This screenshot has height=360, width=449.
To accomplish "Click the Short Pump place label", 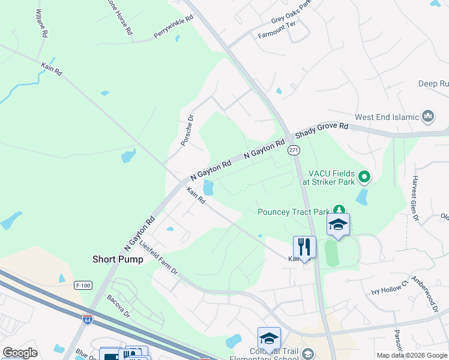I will [x=118, y=259].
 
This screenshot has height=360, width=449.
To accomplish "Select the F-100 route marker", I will [x=83, y=286].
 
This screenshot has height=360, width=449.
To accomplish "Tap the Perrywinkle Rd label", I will [x=173, y=27].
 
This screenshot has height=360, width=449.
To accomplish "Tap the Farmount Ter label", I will [x=277, y=35].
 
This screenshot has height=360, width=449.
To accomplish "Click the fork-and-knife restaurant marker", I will [x=304, y=246].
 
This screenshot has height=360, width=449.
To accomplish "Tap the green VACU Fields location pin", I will [x=364, y=177].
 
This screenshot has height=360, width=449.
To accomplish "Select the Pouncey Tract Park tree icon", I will [x=339, y=211].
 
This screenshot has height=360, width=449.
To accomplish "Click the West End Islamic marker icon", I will [x=429, y=116].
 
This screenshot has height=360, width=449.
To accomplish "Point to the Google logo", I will [x=20, y=353].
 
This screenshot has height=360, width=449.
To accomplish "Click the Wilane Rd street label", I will [x=41, y=23].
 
